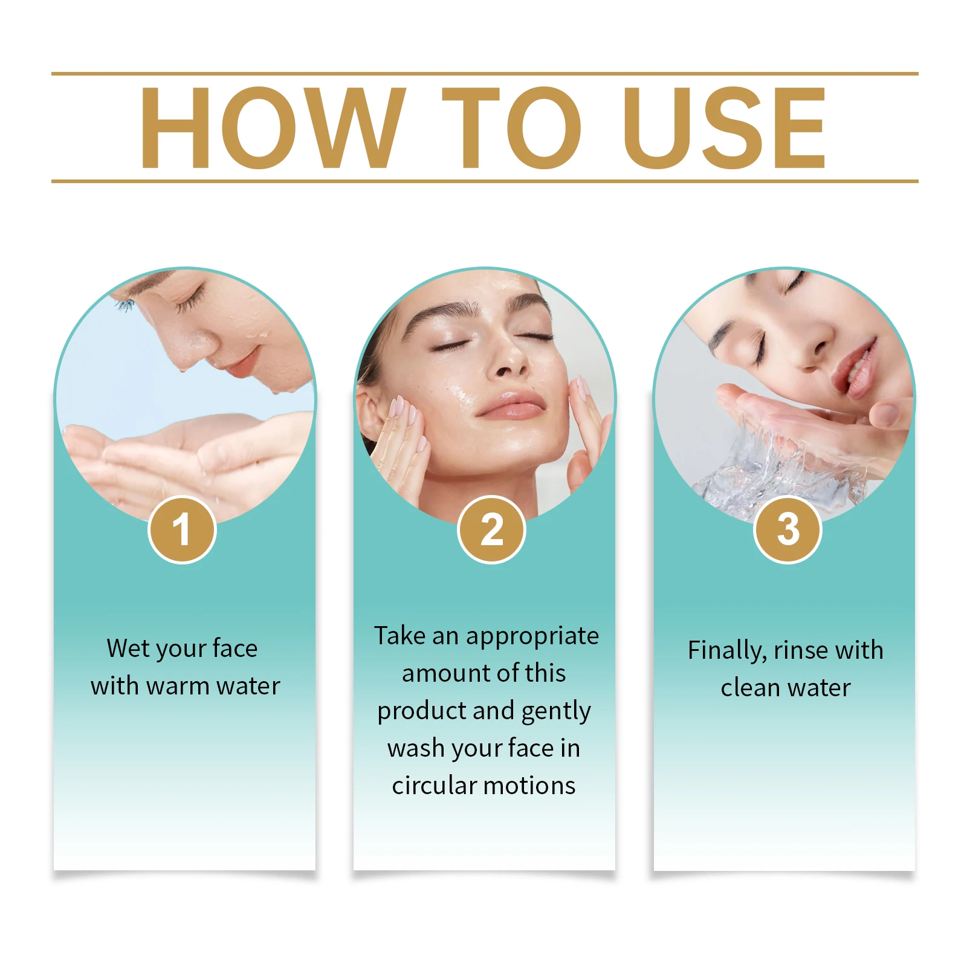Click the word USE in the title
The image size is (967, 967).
pos(724,128)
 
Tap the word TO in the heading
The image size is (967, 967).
pos(511,128)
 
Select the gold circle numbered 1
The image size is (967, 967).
pos(182,530)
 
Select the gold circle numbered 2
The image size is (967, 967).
pos(491,530)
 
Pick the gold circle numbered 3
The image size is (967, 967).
pos(788,530)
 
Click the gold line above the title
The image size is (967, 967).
pos(483,74)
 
